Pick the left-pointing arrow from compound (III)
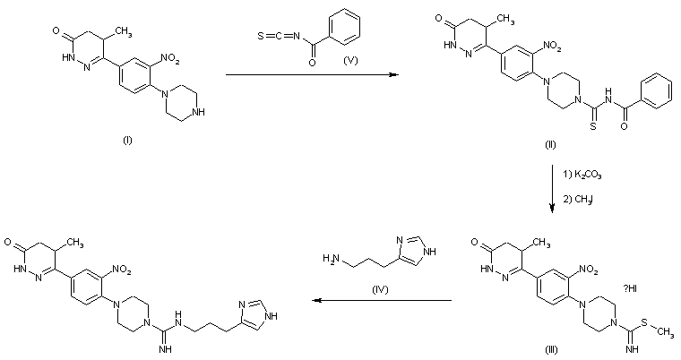click(380, 303)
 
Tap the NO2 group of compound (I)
click(168, 58)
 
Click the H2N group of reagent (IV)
click(331, 260)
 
